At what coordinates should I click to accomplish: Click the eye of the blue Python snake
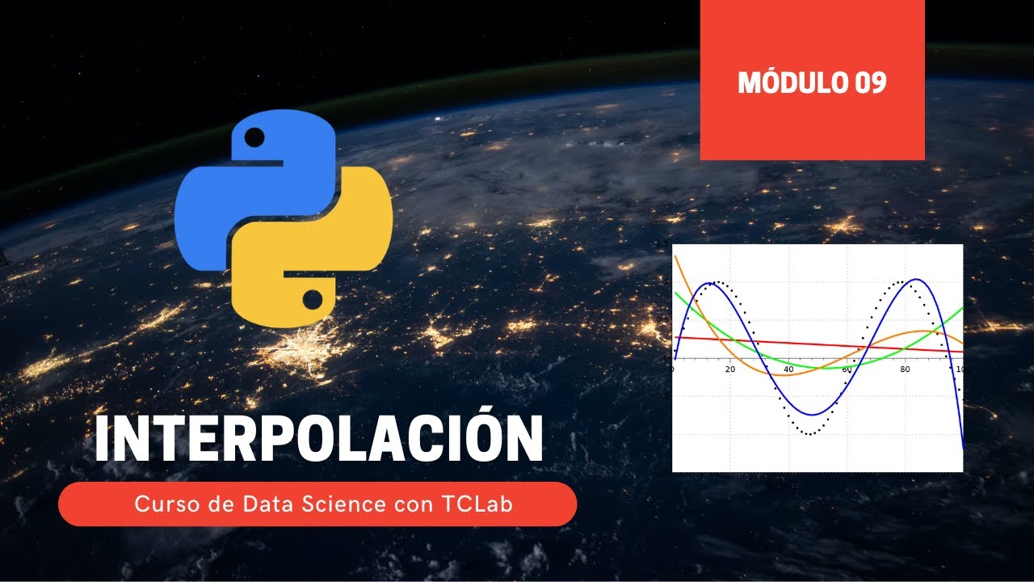(254, 137)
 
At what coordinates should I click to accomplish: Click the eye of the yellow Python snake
(313, 300)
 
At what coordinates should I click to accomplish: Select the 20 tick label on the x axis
(730, 369)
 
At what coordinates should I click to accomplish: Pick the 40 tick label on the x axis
(788, 369)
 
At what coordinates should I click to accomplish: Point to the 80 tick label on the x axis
(904, 369)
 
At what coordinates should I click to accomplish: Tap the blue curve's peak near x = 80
(905, 280)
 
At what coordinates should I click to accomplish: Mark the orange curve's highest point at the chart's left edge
(675, 255)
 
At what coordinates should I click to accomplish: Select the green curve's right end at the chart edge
(962, 307)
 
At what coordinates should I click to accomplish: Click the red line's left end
(675, 337)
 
